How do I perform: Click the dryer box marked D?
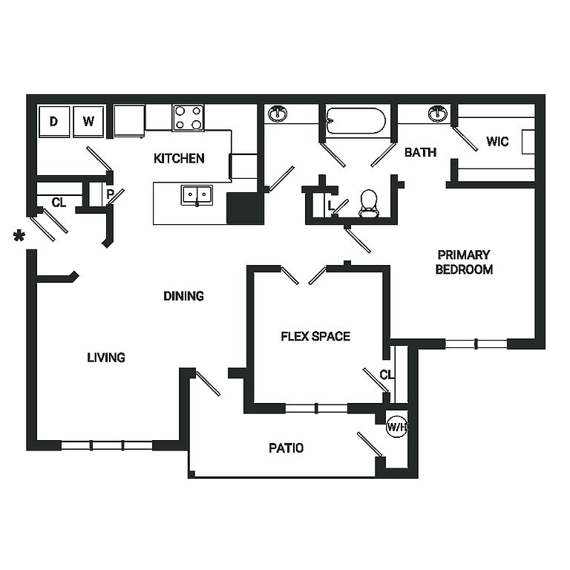click(x=54, y=122)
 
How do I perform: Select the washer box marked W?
click(x=88, y=122)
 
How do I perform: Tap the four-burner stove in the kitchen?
click(x=188, y=117)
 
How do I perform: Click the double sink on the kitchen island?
click(x=197, y=194)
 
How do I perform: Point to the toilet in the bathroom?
click(x=369, y=203)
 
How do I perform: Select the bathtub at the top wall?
click(x=356, y=120)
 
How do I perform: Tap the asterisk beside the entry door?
click(x=19, y=237)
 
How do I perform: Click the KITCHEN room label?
click(x=179, y=158)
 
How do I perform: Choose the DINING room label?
click(x=183, y=296)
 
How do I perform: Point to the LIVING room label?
click(x=106, y=358)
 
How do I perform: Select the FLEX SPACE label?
click(x=315, y=336)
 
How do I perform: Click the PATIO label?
click(x=286, y=448)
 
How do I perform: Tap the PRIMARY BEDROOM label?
click(x=464, y=261)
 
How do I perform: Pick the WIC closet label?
click(x=497, y=141)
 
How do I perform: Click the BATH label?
click(x=420, y=153)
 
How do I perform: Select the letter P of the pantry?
click(x=110, y=195)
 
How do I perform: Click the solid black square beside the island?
click(x=245, y=208)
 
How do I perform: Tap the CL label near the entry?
click(x=59, y=202)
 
